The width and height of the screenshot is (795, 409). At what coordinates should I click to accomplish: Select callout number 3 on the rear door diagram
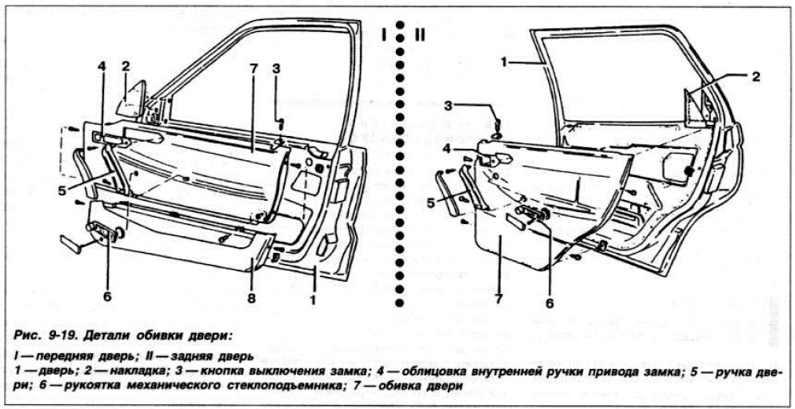[449, 106]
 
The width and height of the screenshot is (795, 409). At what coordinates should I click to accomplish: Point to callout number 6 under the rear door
[549, 303]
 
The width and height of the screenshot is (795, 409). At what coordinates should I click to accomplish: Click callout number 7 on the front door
[252, 66]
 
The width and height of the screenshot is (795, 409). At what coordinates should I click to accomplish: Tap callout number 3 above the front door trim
[276, 68]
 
